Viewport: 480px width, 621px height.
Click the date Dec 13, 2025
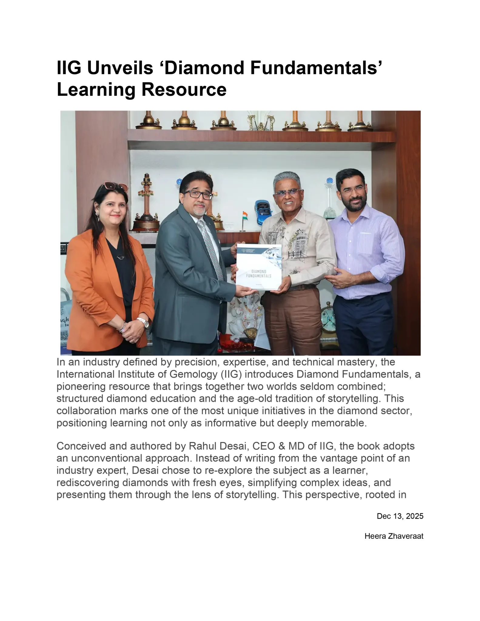point(400,516)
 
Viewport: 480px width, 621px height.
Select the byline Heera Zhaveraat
point(394,536)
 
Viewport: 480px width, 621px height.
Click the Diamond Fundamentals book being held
point(259,267)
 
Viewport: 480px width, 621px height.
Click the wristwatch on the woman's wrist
point(143,322)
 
